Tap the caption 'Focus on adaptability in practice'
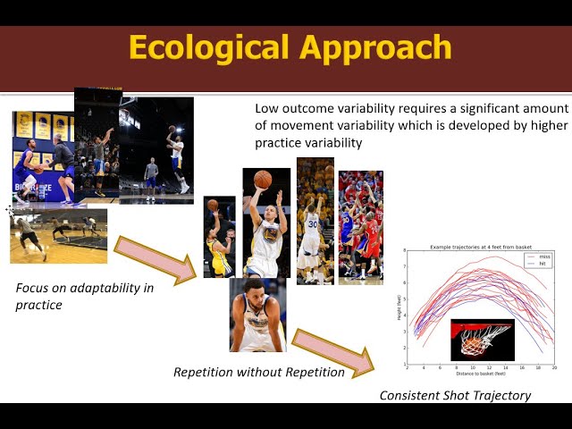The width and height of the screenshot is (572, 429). (84, 296)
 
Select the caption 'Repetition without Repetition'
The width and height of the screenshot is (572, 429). (259, 372)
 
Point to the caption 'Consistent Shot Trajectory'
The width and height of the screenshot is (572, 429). (455, 395)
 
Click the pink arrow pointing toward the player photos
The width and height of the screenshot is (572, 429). (156, 260)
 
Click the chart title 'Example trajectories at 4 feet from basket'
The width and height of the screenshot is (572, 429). (480, 246)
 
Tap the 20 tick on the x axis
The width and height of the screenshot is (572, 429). (553, 367)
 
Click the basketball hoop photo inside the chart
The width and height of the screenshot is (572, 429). (482, 338)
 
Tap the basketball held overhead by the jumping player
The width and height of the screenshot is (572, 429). (262, 179)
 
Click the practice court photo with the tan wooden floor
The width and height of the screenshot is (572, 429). (58, 235)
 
